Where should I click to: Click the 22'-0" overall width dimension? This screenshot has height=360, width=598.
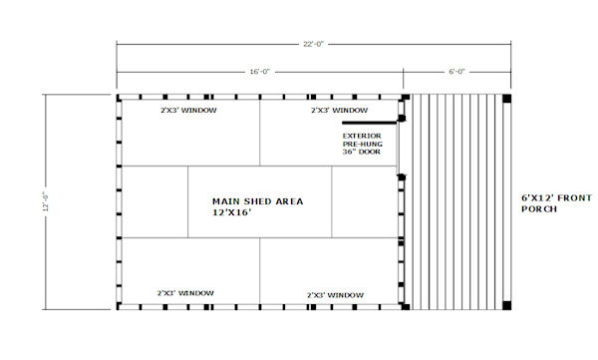[312, 43]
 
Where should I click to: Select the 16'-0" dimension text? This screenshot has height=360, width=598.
[260, 71]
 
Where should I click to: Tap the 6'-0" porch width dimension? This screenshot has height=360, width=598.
[457, 71]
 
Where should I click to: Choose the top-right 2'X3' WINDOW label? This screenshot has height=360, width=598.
[339, 110]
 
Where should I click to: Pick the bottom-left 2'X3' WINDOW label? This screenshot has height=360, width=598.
[185, 292]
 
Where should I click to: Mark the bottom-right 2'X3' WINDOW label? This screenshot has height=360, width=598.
[335, 295]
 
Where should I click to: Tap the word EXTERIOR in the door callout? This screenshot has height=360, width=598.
[362, 136]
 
